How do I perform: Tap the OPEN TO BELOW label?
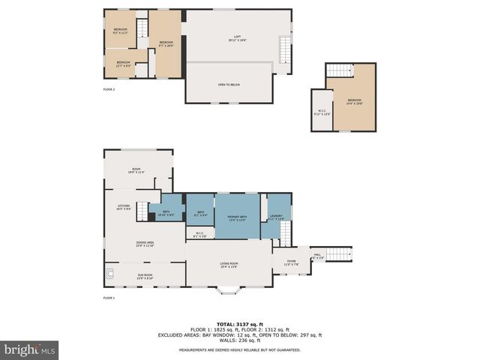229,84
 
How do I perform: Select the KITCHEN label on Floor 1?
123,207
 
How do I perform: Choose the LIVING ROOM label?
229,265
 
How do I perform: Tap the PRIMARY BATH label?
238,217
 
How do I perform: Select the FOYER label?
291,262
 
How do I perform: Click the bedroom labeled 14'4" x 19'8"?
355,101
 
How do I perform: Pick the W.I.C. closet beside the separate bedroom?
321,113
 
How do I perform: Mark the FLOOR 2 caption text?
109,89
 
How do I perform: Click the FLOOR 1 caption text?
109,298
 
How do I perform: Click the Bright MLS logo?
30,349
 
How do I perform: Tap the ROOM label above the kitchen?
136,170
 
